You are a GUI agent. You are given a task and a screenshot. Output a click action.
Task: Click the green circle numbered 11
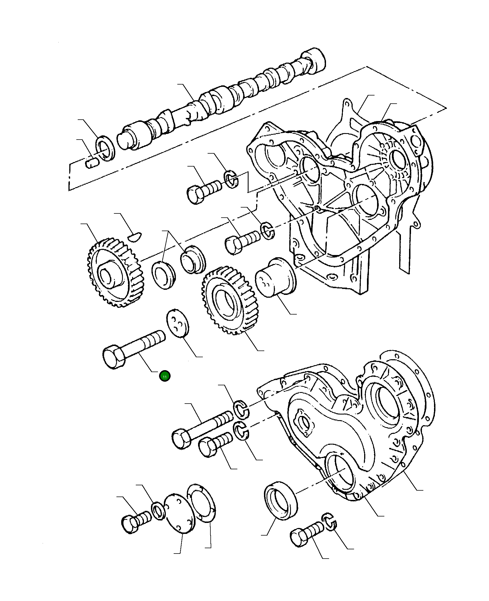(164, 376)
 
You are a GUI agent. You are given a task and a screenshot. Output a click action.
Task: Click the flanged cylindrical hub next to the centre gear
(275, 278)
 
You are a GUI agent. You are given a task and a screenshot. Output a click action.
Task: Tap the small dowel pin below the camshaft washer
(91, 163)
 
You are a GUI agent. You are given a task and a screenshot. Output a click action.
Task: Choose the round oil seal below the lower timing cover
(281, 501)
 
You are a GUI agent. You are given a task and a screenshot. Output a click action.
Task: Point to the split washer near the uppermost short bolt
(231, 179)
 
